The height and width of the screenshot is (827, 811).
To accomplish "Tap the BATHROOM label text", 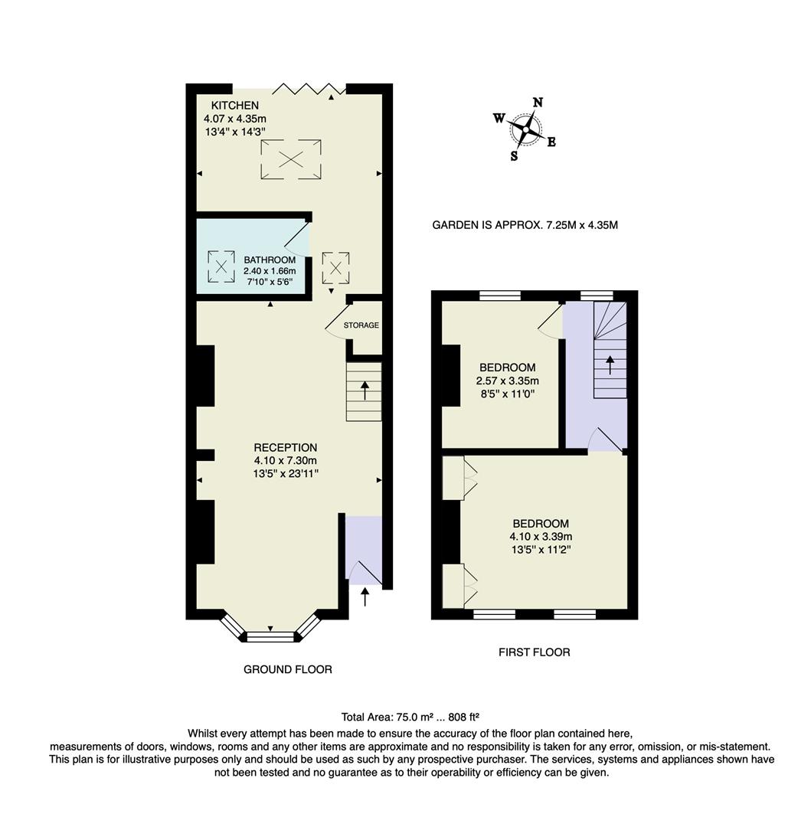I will [x=270, y=260].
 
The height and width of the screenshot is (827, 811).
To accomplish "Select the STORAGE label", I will [x=361, y=325].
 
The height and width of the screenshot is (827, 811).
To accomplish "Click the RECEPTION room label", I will [x=286, y=447].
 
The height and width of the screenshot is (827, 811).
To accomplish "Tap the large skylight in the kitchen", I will [x=290, y=159].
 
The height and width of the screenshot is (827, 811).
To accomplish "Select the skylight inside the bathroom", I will [x=221, y=266].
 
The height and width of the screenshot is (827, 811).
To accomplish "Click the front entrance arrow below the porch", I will [x=365, y=596].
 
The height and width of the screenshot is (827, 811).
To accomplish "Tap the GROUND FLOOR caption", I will [x=287, y=669].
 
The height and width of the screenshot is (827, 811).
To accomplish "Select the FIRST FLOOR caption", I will [x=534, y=652].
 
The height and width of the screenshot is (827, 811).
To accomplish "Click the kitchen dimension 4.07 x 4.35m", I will [x=234, y=119].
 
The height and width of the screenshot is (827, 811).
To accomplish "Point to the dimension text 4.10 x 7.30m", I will [x=286, y=460].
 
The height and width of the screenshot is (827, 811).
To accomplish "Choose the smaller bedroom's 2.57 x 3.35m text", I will [x=507, y=381].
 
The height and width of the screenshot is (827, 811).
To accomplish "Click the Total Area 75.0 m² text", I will [x=410, y=717].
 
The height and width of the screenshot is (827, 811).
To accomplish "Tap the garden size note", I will [x=525, y=225].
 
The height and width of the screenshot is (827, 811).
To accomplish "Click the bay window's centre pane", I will [x=270, y=635].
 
